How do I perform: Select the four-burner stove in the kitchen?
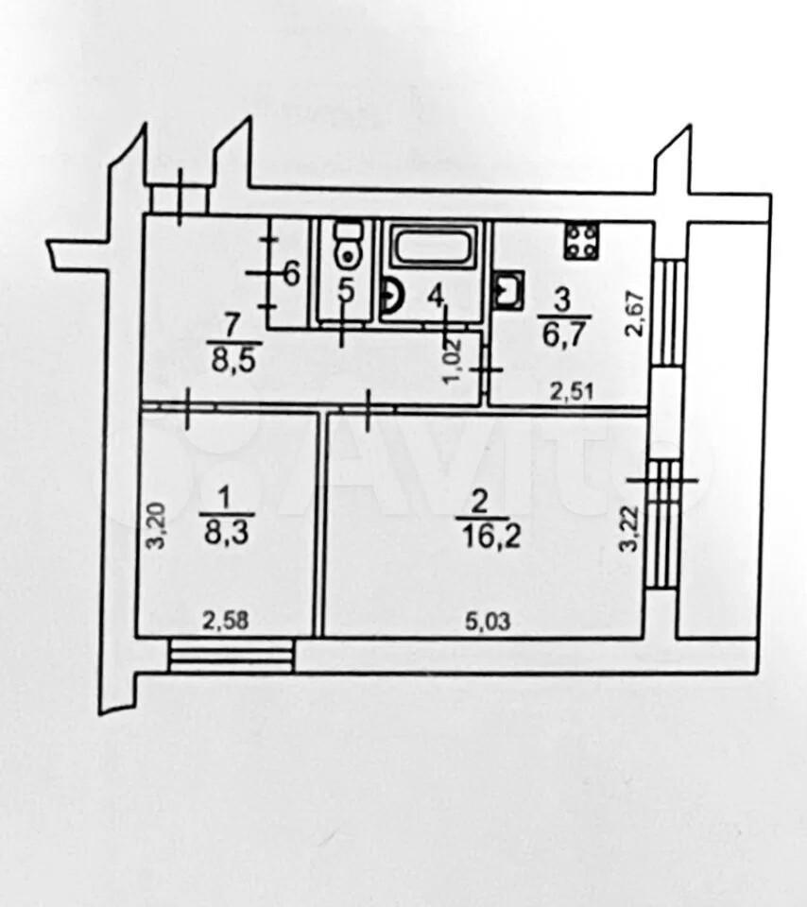(x=582, y=241)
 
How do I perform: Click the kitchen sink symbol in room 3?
(x=509, y=291)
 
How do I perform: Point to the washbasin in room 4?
(x=393, y=296)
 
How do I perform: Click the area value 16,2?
(x=491, y=537)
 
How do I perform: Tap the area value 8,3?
(x=226, y=532)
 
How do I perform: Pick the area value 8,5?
(x=233, y=363)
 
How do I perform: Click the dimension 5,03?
(x=489, y=622)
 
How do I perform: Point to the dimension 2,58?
(x=226, y=621)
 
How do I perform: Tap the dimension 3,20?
(x=158, y=526)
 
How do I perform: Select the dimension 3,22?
(x=630, y=529)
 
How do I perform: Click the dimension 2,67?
(x=634, y=313)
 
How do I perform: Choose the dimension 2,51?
(x=572, y=392)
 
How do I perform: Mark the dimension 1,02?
(x=452, y=362)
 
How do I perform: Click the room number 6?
(x=292, y=273)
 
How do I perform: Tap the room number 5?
(x=346, y=290)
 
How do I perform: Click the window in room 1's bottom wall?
(x=232, y=656)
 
